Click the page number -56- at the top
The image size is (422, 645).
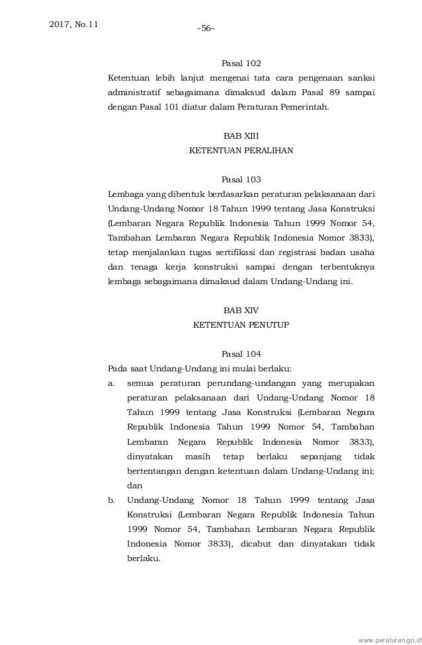[207, 28]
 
